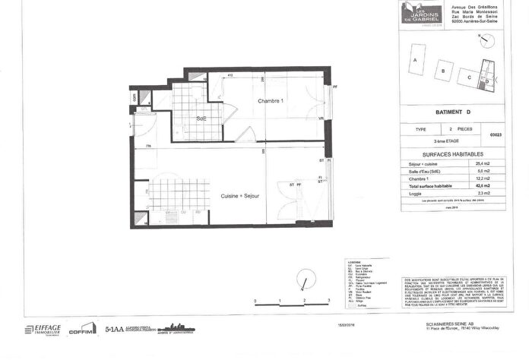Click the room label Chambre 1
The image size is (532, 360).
(270, 102)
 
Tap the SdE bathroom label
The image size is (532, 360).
(201, 118)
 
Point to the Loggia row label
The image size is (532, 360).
(416, 194)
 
